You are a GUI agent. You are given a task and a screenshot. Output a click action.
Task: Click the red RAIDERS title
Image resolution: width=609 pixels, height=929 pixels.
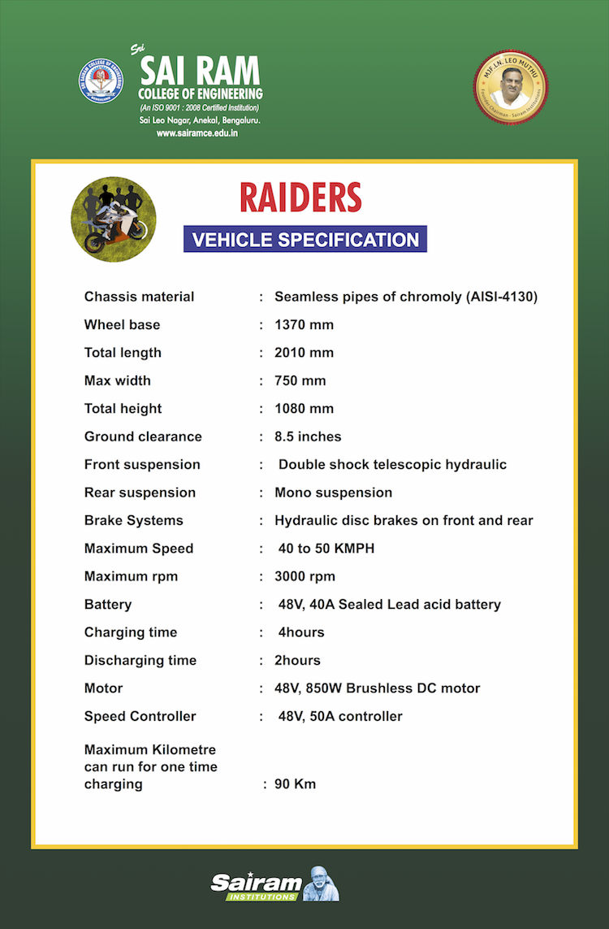(300, 198)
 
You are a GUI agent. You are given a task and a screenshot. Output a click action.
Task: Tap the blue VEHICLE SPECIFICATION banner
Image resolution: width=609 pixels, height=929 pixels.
(305, 240)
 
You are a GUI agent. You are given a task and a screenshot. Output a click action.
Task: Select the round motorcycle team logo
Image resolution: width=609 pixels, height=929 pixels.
(114, 219)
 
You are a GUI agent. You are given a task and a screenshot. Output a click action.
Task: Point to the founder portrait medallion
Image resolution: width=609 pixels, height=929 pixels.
(511, 87)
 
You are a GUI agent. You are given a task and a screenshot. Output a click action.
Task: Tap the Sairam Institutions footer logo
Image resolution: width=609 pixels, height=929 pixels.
(274, 883)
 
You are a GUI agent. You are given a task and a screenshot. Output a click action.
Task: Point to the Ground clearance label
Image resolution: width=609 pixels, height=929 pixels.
(143, 436)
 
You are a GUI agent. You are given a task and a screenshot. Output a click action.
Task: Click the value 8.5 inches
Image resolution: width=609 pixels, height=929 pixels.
(308, 436)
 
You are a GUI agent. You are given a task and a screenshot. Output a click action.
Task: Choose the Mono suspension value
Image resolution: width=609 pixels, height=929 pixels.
(333, 493)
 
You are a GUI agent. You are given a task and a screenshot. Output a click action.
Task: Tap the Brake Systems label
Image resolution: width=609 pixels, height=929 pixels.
(134, 520)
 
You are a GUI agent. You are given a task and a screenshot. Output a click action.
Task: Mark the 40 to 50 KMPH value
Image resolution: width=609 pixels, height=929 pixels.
(326, 549)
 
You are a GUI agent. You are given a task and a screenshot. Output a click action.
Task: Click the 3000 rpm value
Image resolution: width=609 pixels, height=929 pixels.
(304, 576)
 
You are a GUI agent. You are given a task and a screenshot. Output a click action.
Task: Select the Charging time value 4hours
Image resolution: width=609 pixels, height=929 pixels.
(301, 632)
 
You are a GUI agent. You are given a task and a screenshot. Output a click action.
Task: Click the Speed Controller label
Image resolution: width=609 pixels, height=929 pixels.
(140, 716)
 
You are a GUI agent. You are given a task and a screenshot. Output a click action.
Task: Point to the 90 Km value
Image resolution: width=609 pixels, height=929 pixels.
(295, 784)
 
